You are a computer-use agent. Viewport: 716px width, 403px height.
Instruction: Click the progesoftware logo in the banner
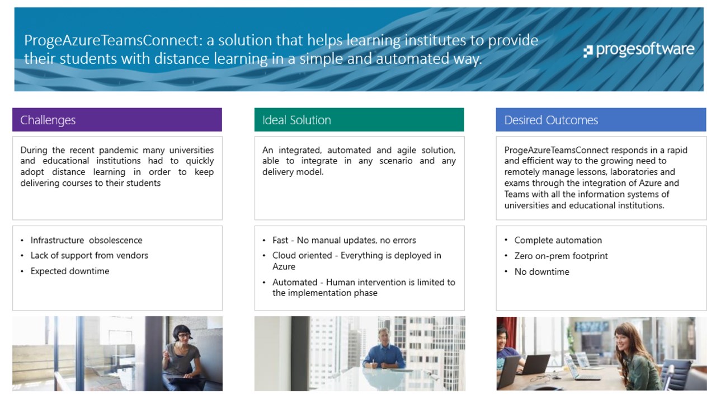639,50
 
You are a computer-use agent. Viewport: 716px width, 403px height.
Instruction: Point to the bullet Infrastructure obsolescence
86,240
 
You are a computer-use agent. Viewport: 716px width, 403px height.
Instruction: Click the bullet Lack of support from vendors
89,255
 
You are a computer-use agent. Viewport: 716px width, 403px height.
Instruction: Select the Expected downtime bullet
70,271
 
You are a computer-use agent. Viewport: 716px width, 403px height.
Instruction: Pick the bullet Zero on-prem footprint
561,256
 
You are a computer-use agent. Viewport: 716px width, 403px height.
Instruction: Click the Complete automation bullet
558,240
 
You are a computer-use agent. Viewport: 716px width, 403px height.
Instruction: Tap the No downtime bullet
542,271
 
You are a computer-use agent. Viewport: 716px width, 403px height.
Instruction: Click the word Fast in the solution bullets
280,240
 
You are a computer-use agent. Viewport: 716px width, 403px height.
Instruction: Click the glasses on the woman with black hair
183,335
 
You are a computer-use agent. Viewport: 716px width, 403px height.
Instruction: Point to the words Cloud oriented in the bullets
302,256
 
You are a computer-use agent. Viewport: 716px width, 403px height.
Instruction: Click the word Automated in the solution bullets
295,282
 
